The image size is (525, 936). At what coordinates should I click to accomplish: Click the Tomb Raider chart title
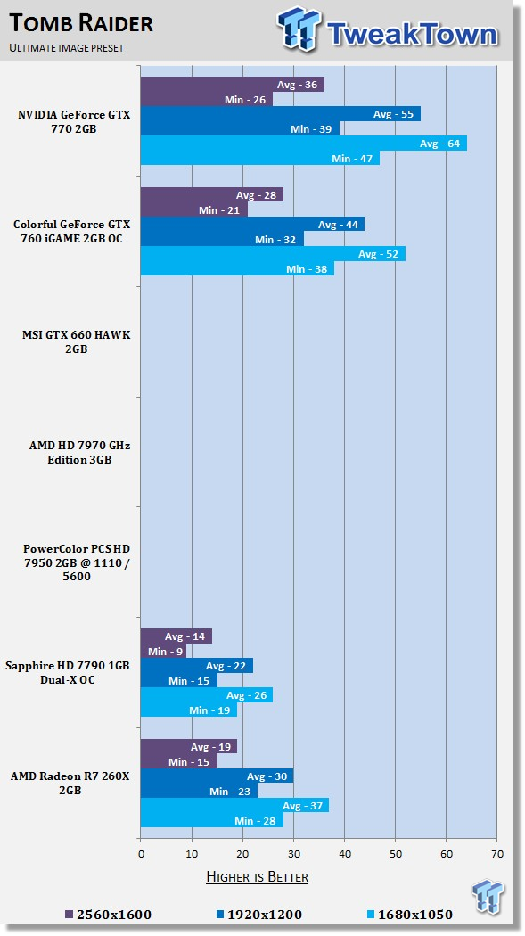click(81, 24)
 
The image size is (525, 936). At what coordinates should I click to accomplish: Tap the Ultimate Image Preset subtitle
click(66, 48)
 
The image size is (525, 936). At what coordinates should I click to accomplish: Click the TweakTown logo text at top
click(412, 34)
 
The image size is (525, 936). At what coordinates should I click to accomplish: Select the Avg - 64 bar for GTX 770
click(304, 144)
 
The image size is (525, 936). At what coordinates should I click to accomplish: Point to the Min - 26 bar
click(207, 99)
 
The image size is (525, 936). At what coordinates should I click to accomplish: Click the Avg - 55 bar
click(281, 114)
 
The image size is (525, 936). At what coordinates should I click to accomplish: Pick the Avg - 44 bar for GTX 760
click(252, 225)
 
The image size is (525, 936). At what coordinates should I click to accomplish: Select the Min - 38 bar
click(237, 268)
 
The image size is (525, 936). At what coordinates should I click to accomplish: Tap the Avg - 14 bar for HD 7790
click(176, 636)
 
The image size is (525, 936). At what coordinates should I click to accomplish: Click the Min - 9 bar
click(163, 652)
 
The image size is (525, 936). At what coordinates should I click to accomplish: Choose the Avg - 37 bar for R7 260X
click(234, 806)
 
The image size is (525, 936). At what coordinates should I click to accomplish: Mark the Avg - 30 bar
click(217, 776)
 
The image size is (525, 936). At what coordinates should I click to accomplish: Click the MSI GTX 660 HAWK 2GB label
click(77, 341)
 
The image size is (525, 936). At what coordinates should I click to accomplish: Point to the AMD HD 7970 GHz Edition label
click(79, 453)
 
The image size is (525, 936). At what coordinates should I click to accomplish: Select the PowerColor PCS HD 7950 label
click(77, 562)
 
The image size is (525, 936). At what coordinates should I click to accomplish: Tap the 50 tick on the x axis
click(396, 854)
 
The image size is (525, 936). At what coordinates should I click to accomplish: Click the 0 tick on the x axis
click(141, 854)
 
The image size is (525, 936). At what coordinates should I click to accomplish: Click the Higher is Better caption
click(257, 877)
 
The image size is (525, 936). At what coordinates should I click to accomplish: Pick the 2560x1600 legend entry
click(108, 915)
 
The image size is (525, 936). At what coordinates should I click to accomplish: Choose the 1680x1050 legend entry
click(409, 915)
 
